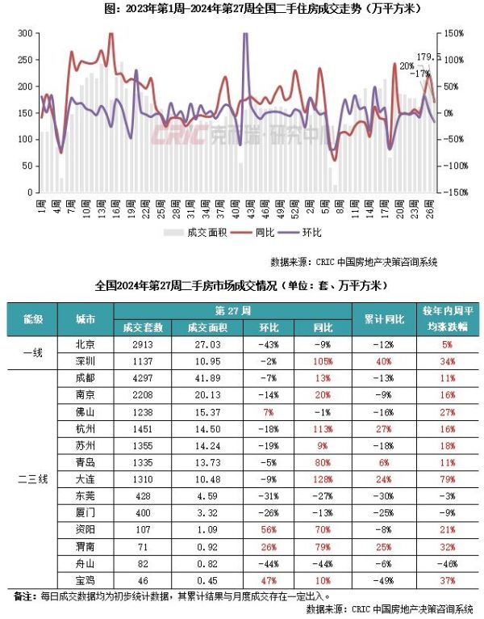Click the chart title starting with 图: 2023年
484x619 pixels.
242,10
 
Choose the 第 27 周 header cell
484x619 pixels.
234,310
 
